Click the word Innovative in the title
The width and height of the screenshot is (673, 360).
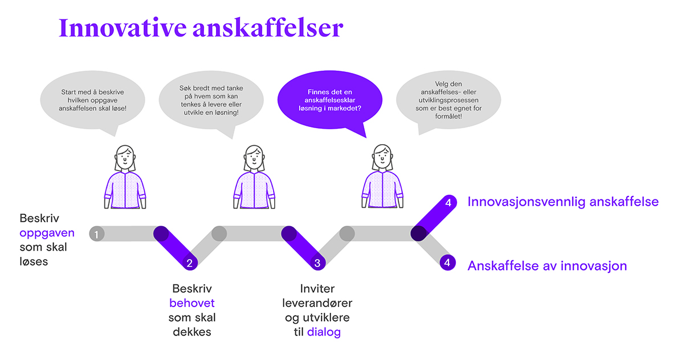(123, 28)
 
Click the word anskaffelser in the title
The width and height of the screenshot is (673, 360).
(268, 28)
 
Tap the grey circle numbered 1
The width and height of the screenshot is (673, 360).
(96, 234)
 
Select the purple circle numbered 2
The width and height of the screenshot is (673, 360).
(189, 263)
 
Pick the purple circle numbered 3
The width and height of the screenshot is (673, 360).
(317, 263)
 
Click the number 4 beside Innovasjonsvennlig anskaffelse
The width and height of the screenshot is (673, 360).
(448, 203)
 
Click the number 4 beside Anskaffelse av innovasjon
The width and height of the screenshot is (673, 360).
(447, 263)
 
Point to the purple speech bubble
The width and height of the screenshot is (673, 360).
(330, 102)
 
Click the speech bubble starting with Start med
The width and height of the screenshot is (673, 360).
(93, 102)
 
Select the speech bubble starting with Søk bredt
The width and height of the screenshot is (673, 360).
(211, 102)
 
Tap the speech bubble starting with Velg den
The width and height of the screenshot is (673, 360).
(448, 101)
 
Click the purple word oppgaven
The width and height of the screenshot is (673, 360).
(47, 233)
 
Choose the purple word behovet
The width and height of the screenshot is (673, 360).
(192, 303)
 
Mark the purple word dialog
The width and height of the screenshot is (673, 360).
(324, 332)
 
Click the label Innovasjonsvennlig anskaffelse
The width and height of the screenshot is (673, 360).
(563, 202)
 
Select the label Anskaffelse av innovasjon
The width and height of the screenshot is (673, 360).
(547, 265)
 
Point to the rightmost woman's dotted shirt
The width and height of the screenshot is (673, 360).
(382, 189)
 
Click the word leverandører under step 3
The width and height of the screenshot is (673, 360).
(317, 303)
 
